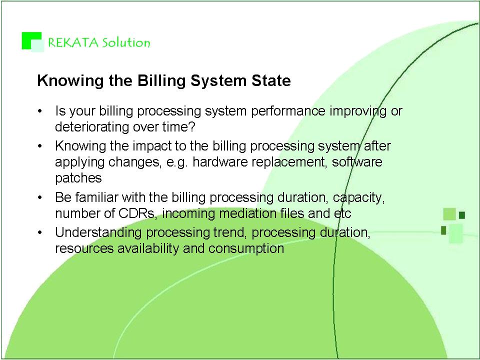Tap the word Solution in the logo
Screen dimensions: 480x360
coord(126,42)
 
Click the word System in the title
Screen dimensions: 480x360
coord(218,81)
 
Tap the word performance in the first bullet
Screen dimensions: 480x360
coord(288,111)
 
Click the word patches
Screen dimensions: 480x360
coord(78,178)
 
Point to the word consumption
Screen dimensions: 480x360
coord(246,248)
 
